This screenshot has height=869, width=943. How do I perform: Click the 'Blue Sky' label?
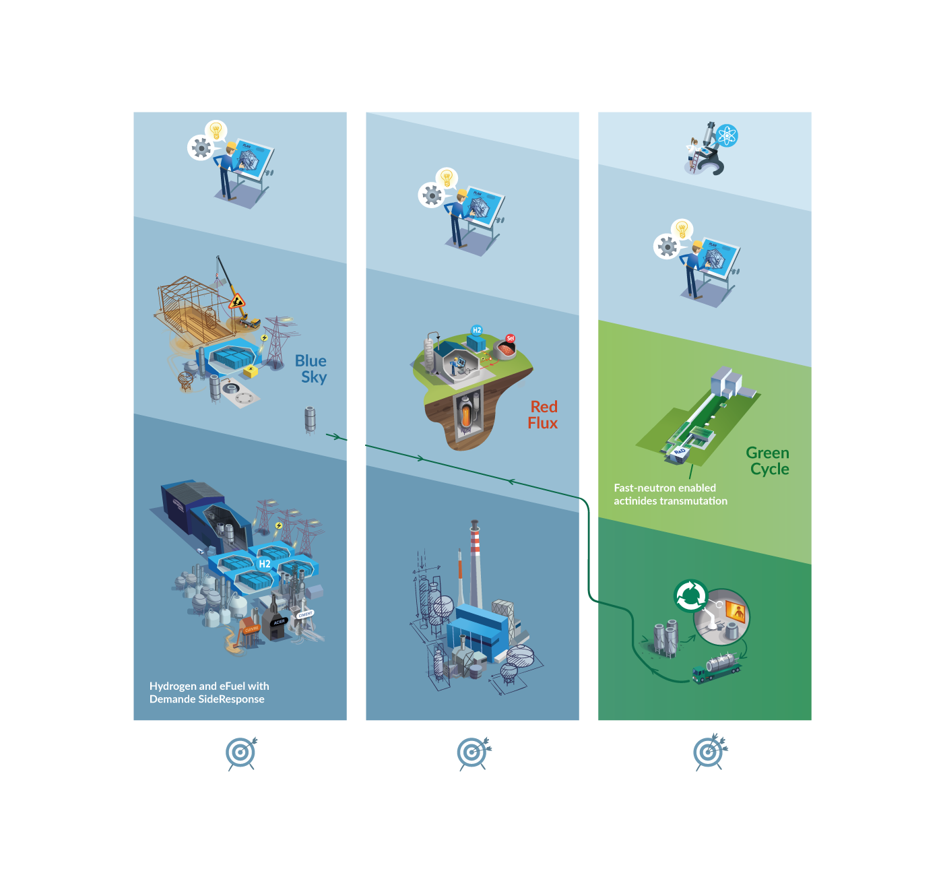pos(311,369)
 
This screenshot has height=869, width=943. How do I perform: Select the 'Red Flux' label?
pos(543,415)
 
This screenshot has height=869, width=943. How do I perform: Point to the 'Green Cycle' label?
pos(768,461)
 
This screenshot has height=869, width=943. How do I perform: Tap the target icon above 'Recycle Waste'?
pos(709,752)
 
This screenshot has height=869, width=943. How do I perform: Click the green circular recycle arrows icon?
pos(690,596)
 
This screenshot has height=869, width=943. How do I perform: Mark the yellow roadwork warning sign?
pos(237,300)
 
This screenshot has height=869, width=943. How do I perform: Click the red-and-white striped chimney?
pos(475,539)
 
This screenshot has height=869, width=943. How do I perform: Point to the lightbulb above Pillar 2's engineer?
pos(446,178)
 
